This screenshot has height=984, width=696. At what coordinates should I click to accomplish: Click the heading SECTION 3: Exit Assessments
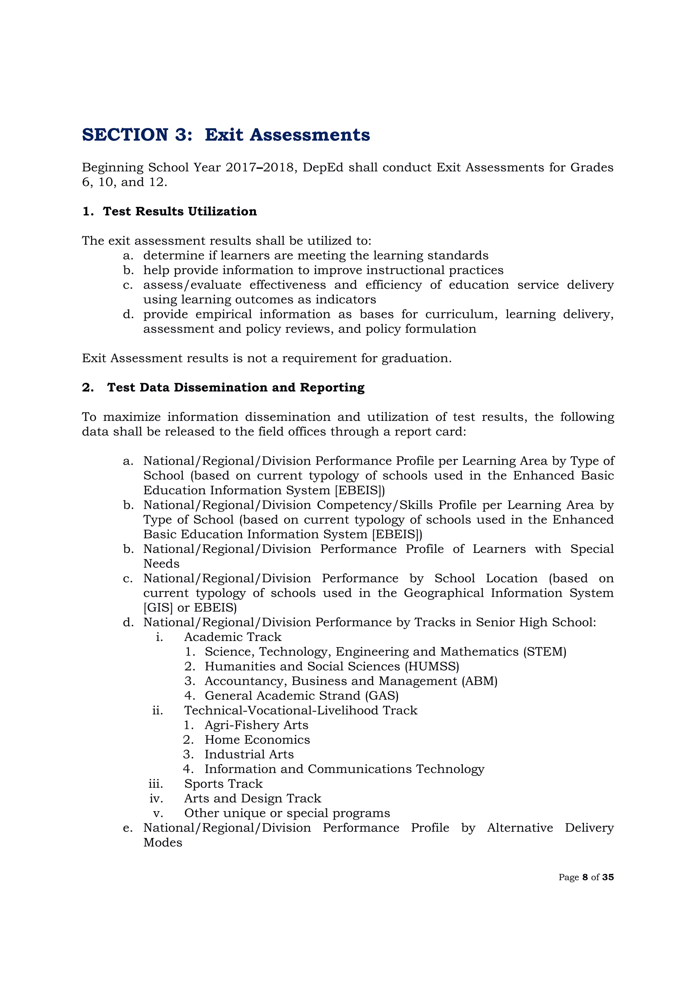(226, 135)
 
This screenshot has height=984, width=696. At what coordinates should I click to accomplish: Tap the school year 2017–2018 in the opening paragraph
(261, 167)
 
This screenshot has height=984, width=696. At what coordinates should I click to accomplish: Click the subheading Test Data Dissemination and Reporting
(236, 388)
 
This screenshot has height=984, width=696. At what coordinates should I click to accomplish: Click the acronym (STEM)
(544, 652)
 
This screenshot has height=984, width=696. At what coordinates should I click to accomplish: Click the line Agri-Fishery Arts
(256, 725)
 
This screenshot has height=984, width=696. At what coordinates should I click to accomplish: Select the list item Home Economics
(257, 740)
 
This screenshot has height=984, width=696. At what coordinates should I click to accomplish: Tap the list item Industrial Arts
(249, 754)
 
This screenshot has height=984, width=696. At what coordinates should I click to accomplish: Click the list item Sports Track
(223, 784)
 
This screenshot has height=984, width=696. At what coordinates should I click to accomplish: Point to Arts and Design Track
(252, 799)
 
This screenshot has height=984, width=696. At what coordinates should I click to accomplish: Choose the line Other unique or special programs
(287, 813)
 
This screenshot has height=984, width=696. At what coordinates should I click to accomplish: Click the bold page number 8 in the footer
(585, 877)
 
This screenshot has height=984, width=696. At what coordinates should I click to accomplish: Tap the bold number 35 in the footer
(608, 877)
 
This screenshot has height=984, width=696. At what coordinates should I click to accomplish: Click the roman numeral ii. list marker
(157, 711)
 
